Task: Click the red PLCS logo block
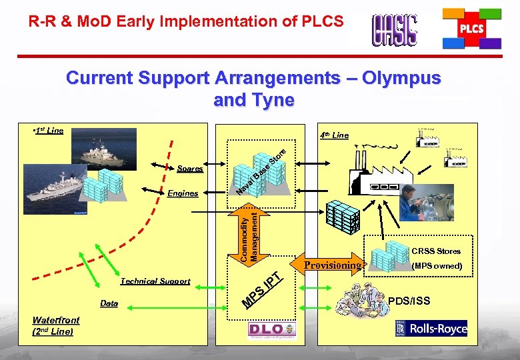coord(471,29)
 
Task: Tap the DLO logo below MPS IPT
coord(273,330)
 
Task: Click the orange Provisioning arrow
coord(331,265)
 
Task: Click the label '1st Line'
coord(49,131)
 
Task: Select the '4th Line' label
coord(333,135)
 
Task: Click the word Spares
coord(190,169)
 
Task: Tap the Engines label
coord(183,193)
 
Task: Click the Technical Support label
coord(155,281)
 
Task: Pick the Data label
coord(109,304)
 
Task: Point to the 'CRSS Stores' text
coord(436,251)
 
